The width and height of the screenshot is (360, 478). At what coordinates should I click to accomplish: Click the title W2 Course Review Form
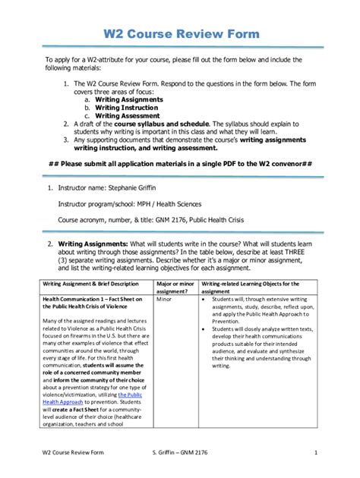point(181,34)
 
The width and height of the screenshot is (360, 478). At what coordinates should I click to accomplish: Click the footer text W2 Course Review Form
point(74,454)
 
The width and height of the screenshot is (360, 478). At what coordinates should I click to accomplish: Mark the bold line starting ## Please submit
point(181,163)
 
